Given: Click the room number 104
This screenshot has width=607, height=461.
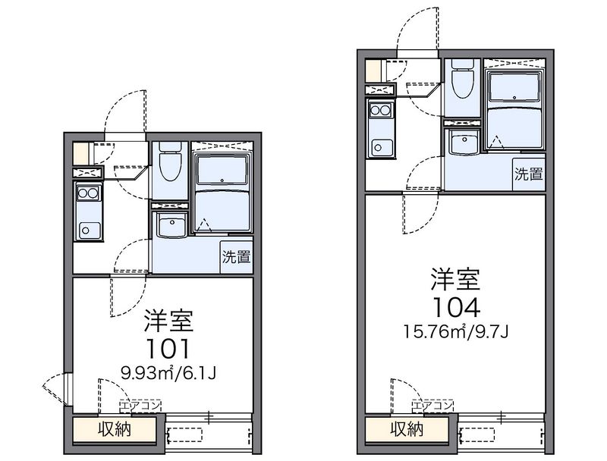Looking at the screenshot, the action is coord(457,308).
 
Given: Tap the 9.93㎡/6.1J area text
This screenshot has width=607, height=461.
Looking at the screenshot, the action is coord(168,373).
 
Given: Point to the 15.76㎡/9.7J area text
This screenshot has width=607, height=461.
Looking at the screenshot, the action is coord(456,331).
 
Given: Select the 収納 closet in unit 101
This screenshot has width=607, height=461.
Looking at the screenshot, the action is coord(115,429).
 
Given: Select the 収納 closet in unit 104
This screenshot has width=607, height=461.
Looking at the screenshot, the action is coord(407,429).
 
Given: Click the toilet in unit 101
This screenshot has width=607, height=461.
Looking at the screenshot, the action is coord(170,162).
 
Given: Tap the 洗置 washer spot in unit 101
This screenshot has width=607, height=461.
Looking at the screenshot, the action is coord(236,257).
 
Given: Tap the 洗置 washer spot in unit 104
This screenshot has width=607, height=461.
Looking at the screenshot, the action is coord(528,174).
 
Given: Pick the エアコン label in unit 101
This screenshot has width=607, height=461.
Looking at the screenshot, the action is coord(140,406).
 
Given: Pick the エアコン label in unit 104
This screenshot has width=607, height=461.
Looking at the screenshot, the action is coord(432,406).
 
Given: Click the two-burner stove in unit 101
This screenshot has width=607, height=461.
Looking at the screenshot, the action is coord(88,193).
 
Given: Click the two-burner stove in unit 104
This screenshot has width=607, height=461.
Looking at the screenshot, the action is coord(380,110).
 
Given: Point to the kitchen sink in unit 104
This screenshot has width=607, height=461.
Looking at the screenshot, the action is coord(382,147).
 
